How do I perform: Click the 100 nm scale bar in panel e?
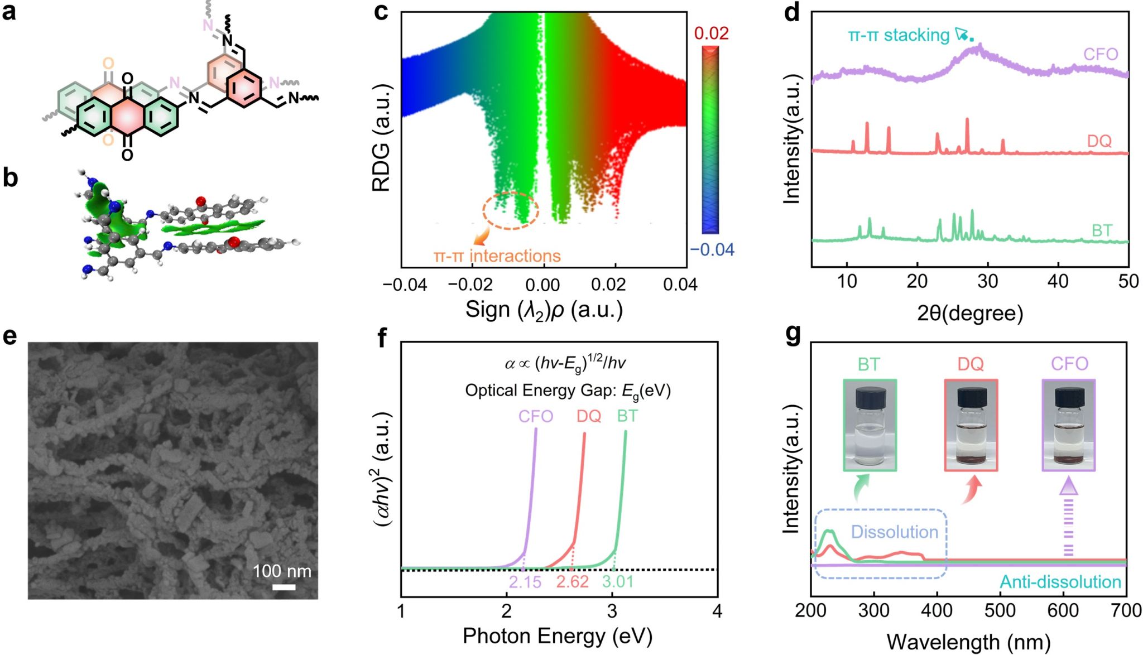click(x=284, y=587)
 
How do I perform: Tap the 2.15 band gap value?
click(x=525, y=582)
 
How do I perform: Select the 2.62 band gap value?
click(x=572, y=582)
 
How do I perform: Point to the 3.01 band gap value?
click(x=618, y=582)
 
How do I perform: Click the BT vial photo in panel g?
click(x=870, y=425)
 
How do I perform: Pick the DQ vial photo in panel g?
click(x=971, y=425)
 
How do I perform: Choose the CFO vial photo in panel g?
click(x=1068, y=425)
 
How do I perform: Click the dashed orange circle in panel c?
click(x=511, y=210)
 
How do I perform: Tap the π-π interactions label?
click(x=497, y=256)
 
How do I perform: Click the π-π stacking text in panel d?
click(x=899, y=35)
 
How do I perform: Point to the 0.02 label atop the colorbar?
click(x=710, y=33)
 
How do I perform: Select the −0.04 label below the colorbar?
click(x=712, y=249)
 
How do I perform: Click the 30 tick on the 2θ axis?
click(x=987, y=281)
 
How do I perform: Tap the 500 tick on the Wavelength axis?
click(x=1000, y=610)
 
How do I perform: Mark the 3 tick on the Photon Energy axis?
click(x=612, y=611)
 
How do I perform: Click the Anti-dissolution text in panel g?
click(x=1060, y=582)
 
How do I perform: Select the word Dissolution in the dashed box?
click(x=894, y=532)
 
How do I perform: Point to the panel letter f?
click(x=382, y=338)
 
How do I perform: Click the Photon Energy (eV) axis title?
click(x=557, y=635)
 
